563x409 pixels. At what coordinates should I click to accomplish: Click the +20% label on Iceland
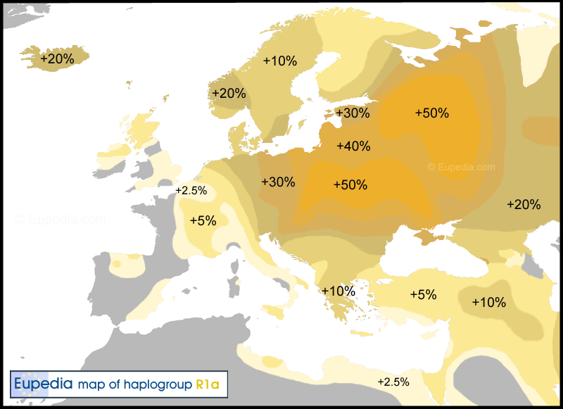[57, 60]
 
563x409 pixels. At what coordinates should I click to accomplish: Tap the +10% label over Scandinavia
[280, 61]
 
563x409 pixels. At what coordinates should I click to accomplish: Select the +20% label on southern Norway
[229, 94]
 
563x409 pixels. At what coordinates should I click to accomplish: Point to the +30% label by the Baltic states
[353, 113]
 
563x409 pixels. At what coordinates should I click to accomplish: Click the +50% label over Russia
[431, 113]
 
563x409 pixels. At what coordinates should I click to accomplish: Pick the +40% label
[353, 146]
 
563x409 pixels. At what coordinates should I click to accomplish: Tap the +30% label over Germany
[278, 182]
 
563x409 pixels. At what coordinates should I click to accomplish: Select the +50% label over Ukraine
[350, 185]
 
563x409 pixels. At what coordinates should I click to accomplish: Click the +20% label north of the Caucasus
[524, 205]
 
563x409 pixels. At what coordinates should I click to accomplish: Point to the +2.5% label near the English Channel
[191, 191]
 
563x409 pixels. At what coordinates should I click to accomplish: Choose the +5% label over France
[203, 220]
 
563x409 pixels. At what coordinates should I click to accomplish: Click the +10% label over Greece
[338, 291]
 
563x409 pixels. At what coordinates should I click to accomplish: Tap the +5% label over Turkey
[424, 295]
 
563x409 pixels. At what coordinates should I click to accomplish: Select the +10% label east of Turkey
[488, 303]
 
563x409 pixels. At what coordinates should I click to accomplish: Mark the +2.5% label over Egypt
[393, 382]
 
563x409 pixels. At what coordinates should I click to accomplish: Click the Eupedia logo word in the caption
[43, 384]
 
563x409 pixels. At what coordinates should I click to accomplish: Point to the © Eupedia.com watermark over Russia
[462, 168]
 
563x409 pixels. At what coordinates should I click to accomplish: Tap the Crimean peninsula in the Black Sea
[428, 238]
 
